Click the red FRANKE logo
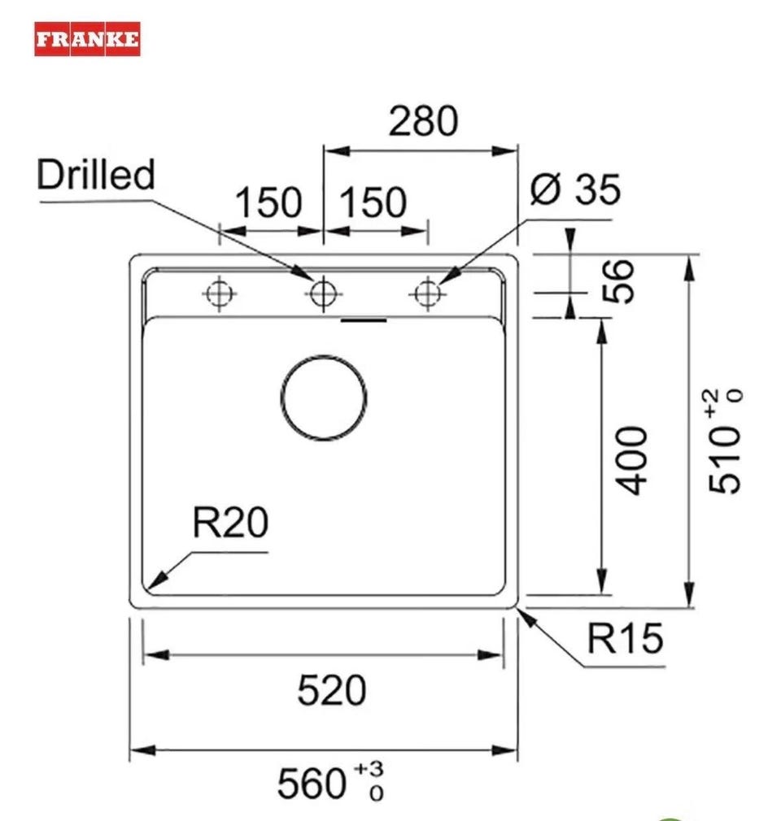(x=87, y=39)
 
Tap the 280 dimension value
(x=423, y=121)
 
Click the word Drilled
(x=96, y=174)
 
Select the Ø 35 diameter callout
(x=575, y=189)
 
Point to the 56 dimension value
(x=617, y=280)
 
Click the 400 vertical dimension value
(x=631, y=460)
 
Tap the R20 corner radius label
(x=230, y=522)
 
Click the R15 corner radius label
(x=625, y=638)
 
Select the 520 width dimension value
(x=331, y=690)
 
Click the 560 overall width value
(x=312, y=784)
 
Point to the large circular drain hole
(x=324, y=397)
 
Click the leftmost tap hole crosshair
(x=220, y=293)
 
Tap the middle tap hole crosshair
(x=324, y=293)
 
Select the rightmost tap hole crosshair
(x=428, y=293)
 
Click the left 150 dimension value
(x=268, y=202)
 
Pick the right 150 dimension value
(x=373, y=202)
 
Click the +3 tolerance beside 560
(x=369, y=770)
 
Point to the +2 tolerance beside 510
(x=716, y=404)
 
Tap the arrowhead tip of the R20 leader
(x=148, y=590)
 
